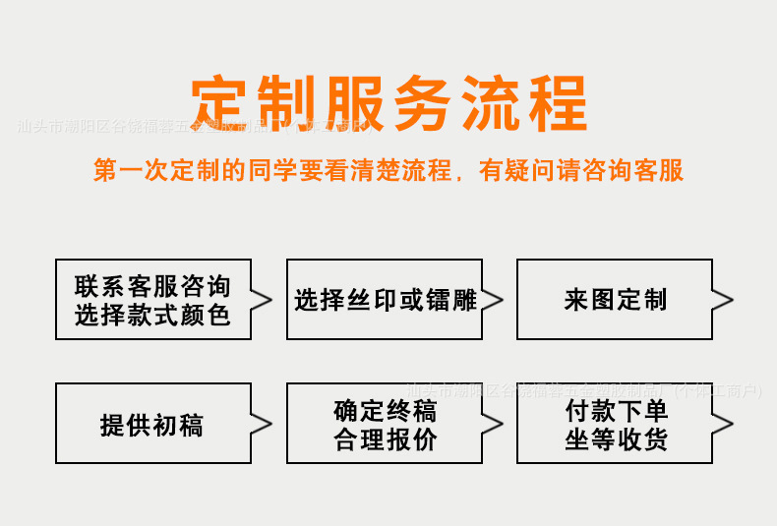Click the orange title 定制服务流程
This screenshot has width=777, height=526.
tap(388, 100)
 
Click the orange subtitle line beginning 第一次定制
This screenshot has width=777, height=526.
tap(388, 170)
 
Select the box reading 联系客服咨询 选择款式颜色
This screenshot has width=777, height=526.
tap(152, 300)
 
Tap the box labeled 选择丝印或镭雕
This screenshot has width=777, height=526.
tap(385, 300)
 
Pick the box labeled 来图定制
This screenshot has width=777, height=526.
tap(615, 300)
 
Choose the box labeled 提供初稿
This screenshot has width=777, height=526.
tap(152, 424)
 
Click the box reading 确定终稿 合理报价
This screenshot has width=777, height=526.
tap(385, 424)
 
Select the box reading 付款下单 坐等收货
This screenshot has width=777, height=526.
tap(615, 424)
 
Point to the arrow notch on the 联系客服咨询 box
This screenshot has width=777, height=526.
tap(262, 300)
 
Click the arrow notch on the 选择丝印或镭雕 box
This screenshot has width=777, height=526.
tap(493, 300)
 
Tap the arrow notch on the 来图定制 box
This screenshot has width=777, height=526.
tap(723, 300)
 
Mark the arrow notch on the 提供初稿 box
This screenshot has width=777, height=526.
tap(262, 424)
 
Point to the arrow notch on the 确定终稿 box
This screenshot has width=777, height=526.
tap(493, 424)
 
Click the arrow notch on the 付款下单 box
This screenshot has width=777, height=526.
tap(723, 424)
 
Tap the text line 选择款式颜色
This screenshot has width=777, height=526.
tap(152, 315)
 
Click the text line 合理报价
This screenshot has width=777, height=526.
tap(385, 439)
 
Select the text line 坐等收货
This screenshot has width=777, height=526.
tap(616, 439)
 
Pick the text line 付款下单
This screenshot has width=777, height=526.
tap(616, 409)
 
